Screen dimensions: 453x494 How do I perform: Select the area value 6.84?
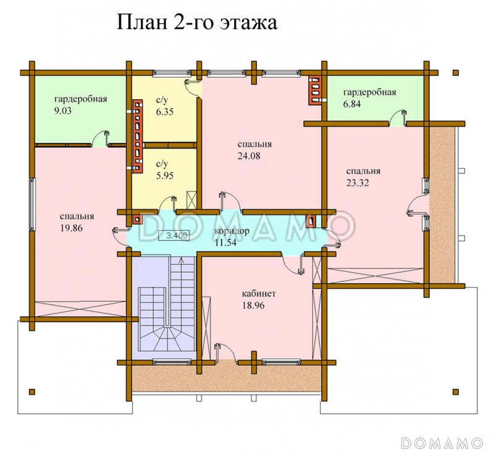pos(354,104)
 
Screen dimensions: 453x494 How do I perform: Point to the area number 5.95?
pos(165,175)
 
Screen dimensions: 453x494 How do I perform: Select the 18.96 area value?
pos(253,305)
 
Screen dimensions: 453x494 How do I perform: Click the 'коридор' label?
pos(232,231)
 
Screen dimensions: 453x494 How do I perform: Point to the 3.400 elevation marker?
pos(175,235)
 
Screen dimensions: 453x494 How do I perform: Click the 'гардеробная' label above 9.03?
pos(81,99)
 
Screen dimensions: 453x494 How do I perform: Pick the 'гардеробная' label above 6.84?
pos(369,93)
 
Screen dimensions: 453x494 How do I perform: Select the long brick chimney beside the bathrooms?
pos(135,134)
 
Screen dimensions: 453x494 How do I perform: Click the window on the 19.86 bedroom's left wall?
pos(31,201)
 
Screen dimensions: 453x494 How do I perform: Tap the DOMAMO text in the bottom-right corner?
pos(441,443)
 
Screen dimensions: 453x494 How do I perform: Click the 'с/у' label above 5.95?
pos(162,164)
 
